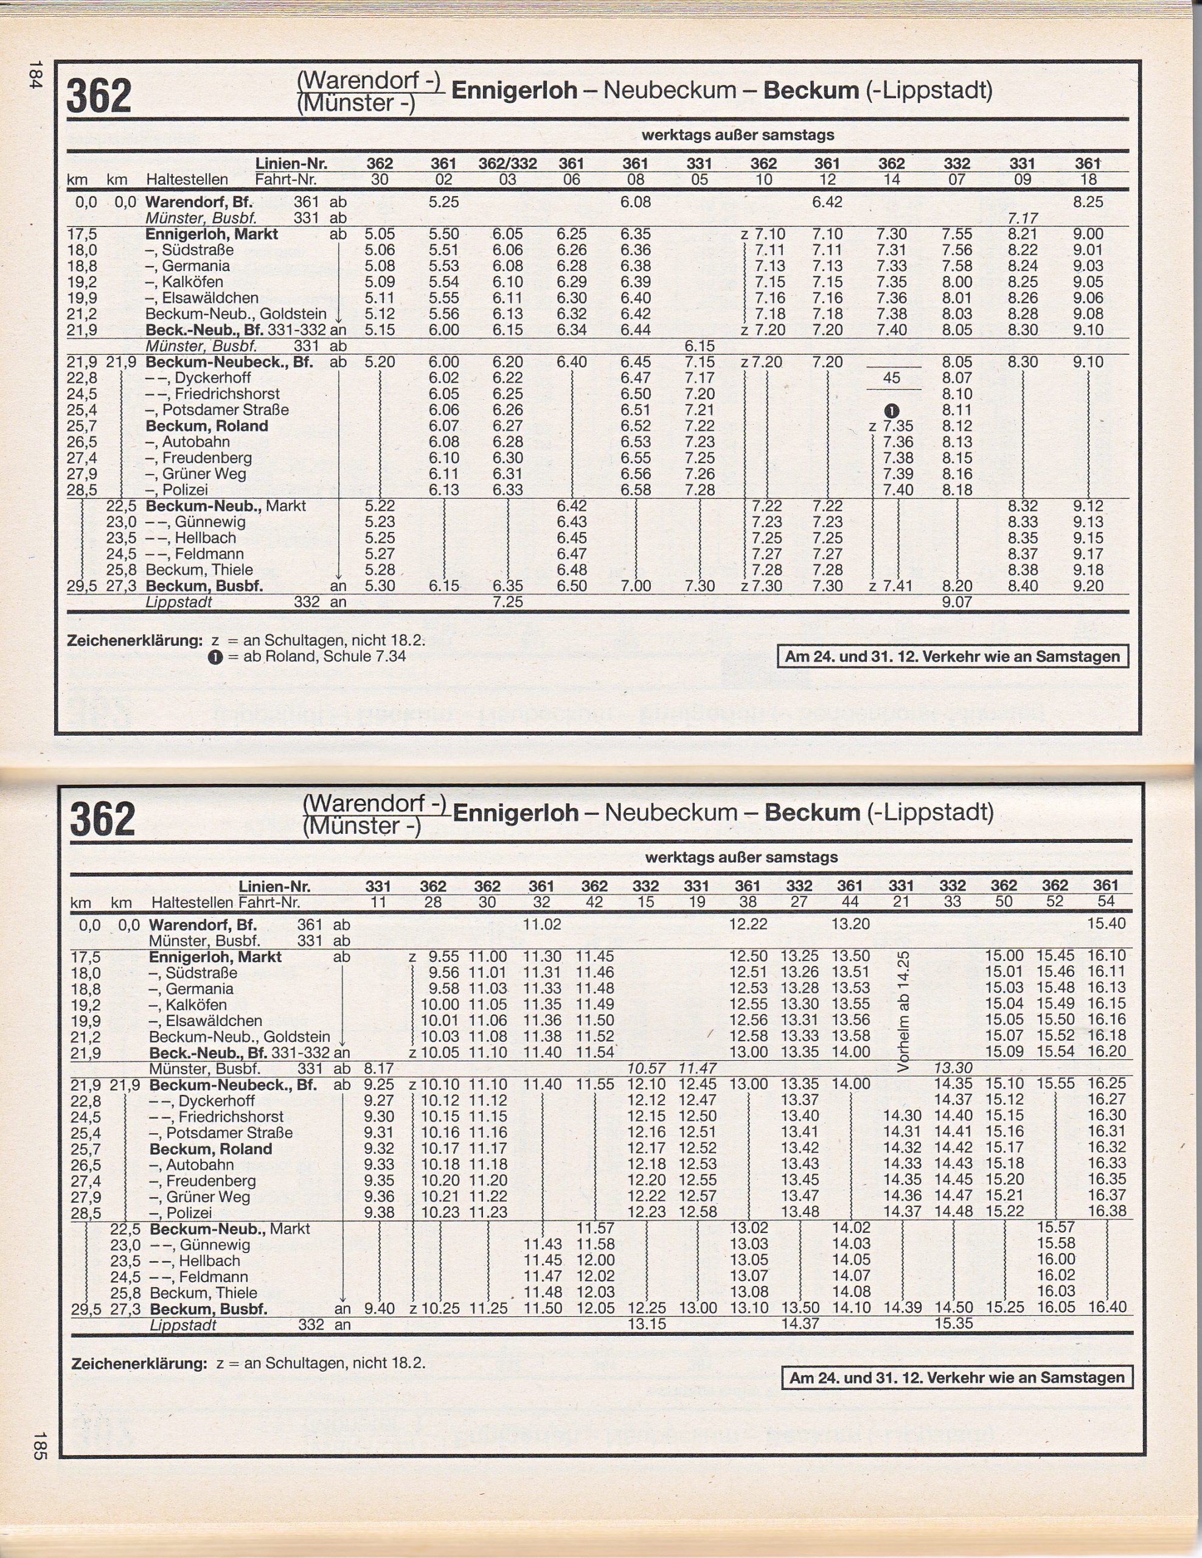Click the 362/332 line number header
tap(507, 163)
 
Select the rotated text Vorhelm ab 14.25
tap(903, 1011)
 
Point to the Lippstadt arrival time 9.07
tap(956, 601)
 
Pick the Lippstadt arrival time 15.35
tap(953, 1322)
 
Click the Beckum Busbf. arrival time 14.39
tap(902, 1307)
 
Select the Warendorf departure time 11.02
tap(542, 924)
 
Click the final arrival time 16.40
tap(1106, 1307)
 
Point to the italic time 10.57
tap(645, 1069)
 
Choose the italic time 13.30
tap(953, 1068)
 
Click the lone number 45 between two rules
tap(892, 377)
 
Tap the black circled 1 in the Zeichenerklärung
tap(215, 657)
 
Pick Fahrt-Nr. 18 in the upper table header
tap(1088, 180)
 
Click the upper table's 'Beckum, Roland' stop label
tap(207, 426)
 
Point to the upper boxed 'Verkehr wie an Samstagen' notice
tap(953, 656)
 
